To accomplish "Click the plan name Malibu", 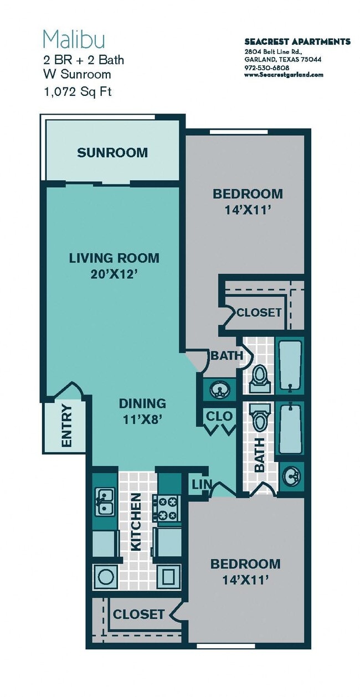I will [x=74, y=40].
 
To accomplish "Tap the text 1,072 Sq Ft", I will [x=77, y=92].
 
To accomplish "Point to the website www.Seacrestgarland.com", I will [x=284, y=75].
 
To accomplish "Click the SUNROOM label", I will [x=112, y=153].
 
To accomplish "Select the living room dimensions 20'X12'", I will [x=114, y=274].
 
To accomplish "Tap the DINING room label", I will [x=142, y=403].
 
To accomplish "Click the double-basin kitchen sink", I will [x=104, y=501].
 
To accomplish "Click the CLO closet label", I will [x=219, y=416].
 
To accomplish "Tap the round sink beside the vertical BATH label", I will [x=292, y=474].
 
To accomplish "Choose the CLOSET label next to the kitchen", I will [x=138, y=614].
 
